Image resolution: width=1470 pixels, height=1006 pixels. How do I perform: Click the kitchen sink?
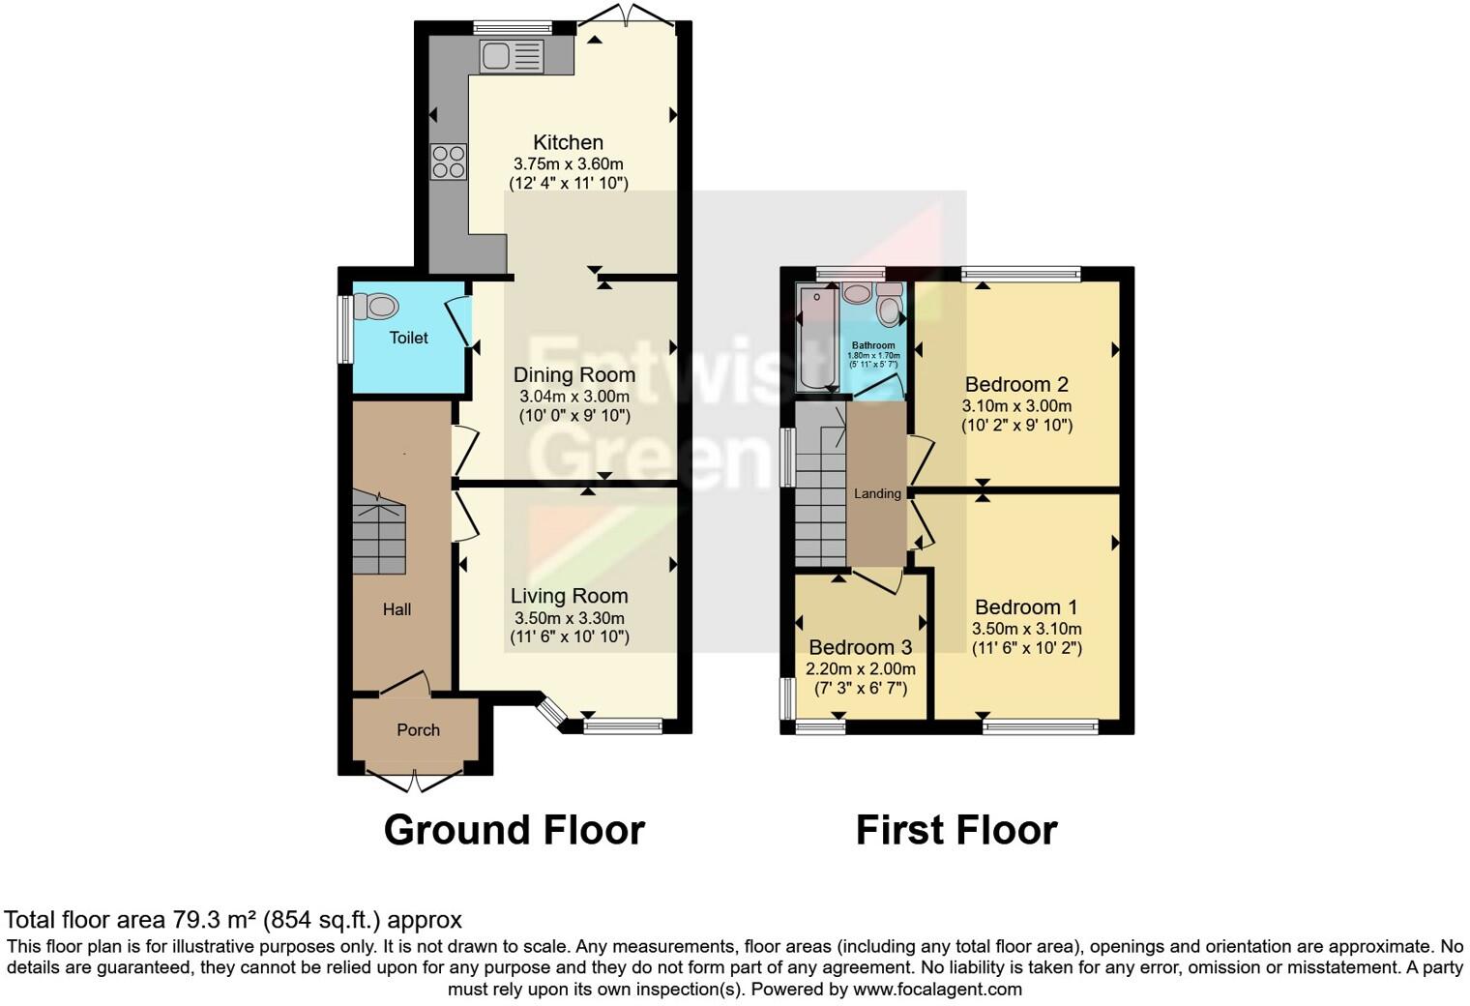tap(512, 56)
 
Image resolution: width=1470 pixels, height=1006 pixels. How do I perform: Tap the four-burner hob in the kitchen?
tap(449, 162)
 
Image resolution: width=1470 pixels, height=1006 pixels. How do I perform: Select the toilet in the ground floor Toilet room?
tap(376, 307)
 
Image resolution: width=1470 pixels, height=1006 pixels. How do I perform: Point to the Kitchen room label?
tap(568, 142)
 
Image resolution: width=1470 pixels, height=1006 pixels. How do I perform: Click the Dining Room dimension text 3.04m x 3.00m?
tap(574, 396)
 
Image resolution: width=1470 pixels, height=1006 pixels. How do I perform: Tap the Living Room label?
tap(569, 596)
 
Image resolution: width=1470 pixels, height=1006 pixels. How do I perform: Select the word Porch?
tap(418, 730)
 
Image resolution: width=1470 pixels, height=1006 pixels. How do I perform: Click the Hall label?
tap(397, 609)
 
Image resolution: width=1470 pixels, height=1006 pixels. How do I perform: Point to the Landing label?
tap(877, 493)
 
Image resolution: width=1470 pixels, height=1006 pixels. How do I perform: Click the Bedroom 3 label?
tap(860, 647)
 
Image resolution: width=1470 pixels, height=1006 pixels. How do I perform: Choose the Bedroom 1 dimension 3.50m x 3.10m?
tap(1026, 629)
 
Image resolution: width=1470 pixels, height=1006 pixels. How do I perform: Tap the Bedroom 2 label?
tap(1016, 384)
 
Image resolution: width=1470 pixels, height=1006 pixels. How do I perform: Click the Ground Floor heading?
tap(514, 830)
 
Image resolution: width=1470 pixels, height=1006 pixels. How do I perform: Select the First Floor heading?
tap(955, 830)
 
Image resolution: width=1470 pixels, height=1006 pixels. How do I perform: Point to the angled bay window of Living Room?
tap(551, 714)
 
